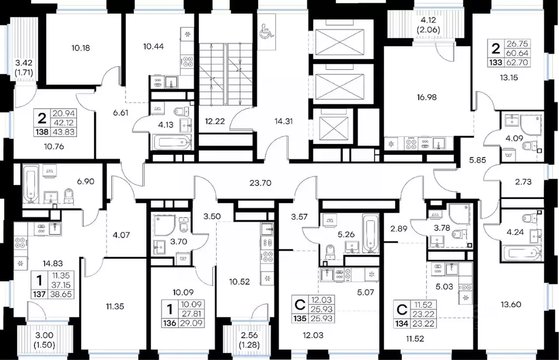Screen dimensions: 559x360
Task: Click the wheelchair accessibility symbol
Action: pyautogui.click(x=266, y=31)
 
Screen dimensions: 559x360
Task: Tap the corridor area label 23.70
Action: pyautogui.click(x=260, y=183)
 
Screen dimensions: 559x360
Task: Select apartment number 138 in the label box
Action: pyautogui.click(x=42, y=132)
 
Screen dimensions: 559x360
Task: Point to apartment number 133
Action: pyautogui.click(x=496, y=63)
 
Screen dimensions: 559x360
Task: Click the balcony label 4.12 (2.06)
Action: pyautogui.click(x=428, y=25)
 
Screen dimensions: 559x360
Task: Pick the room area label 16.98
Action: pyautogui.click(x=427, y=97)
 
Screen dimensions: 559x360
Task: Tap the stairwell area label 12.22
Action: pyautogui.click(x=215, y=122)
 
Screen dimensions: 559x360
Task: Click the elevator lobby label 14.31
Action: pyautogui.click(x=284, y=122)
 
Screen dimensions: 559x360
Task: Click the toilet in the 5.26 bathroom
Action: pyautogui.click(x=330, y=252)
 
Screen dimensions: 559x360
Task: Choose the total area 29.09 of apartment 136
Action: pyautogui.click(x=192, y=323)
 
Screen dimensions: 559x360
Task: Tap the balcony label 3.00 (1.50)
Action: pyautogui.click(x=45, y=340)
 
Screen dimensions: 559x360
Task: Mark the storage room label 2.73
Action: pyautogui.click(x=523, y=182)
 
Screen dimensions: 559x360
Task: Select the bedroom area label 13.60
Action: pyautogui.click(x=510, y=304)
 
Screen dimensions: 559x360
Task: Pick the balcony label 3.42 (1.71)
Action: pyautogui.click(x=24, y=68)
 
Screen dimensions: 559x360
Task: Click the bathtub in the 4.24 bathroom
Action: pyautogui.click(x=522, y=254)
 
